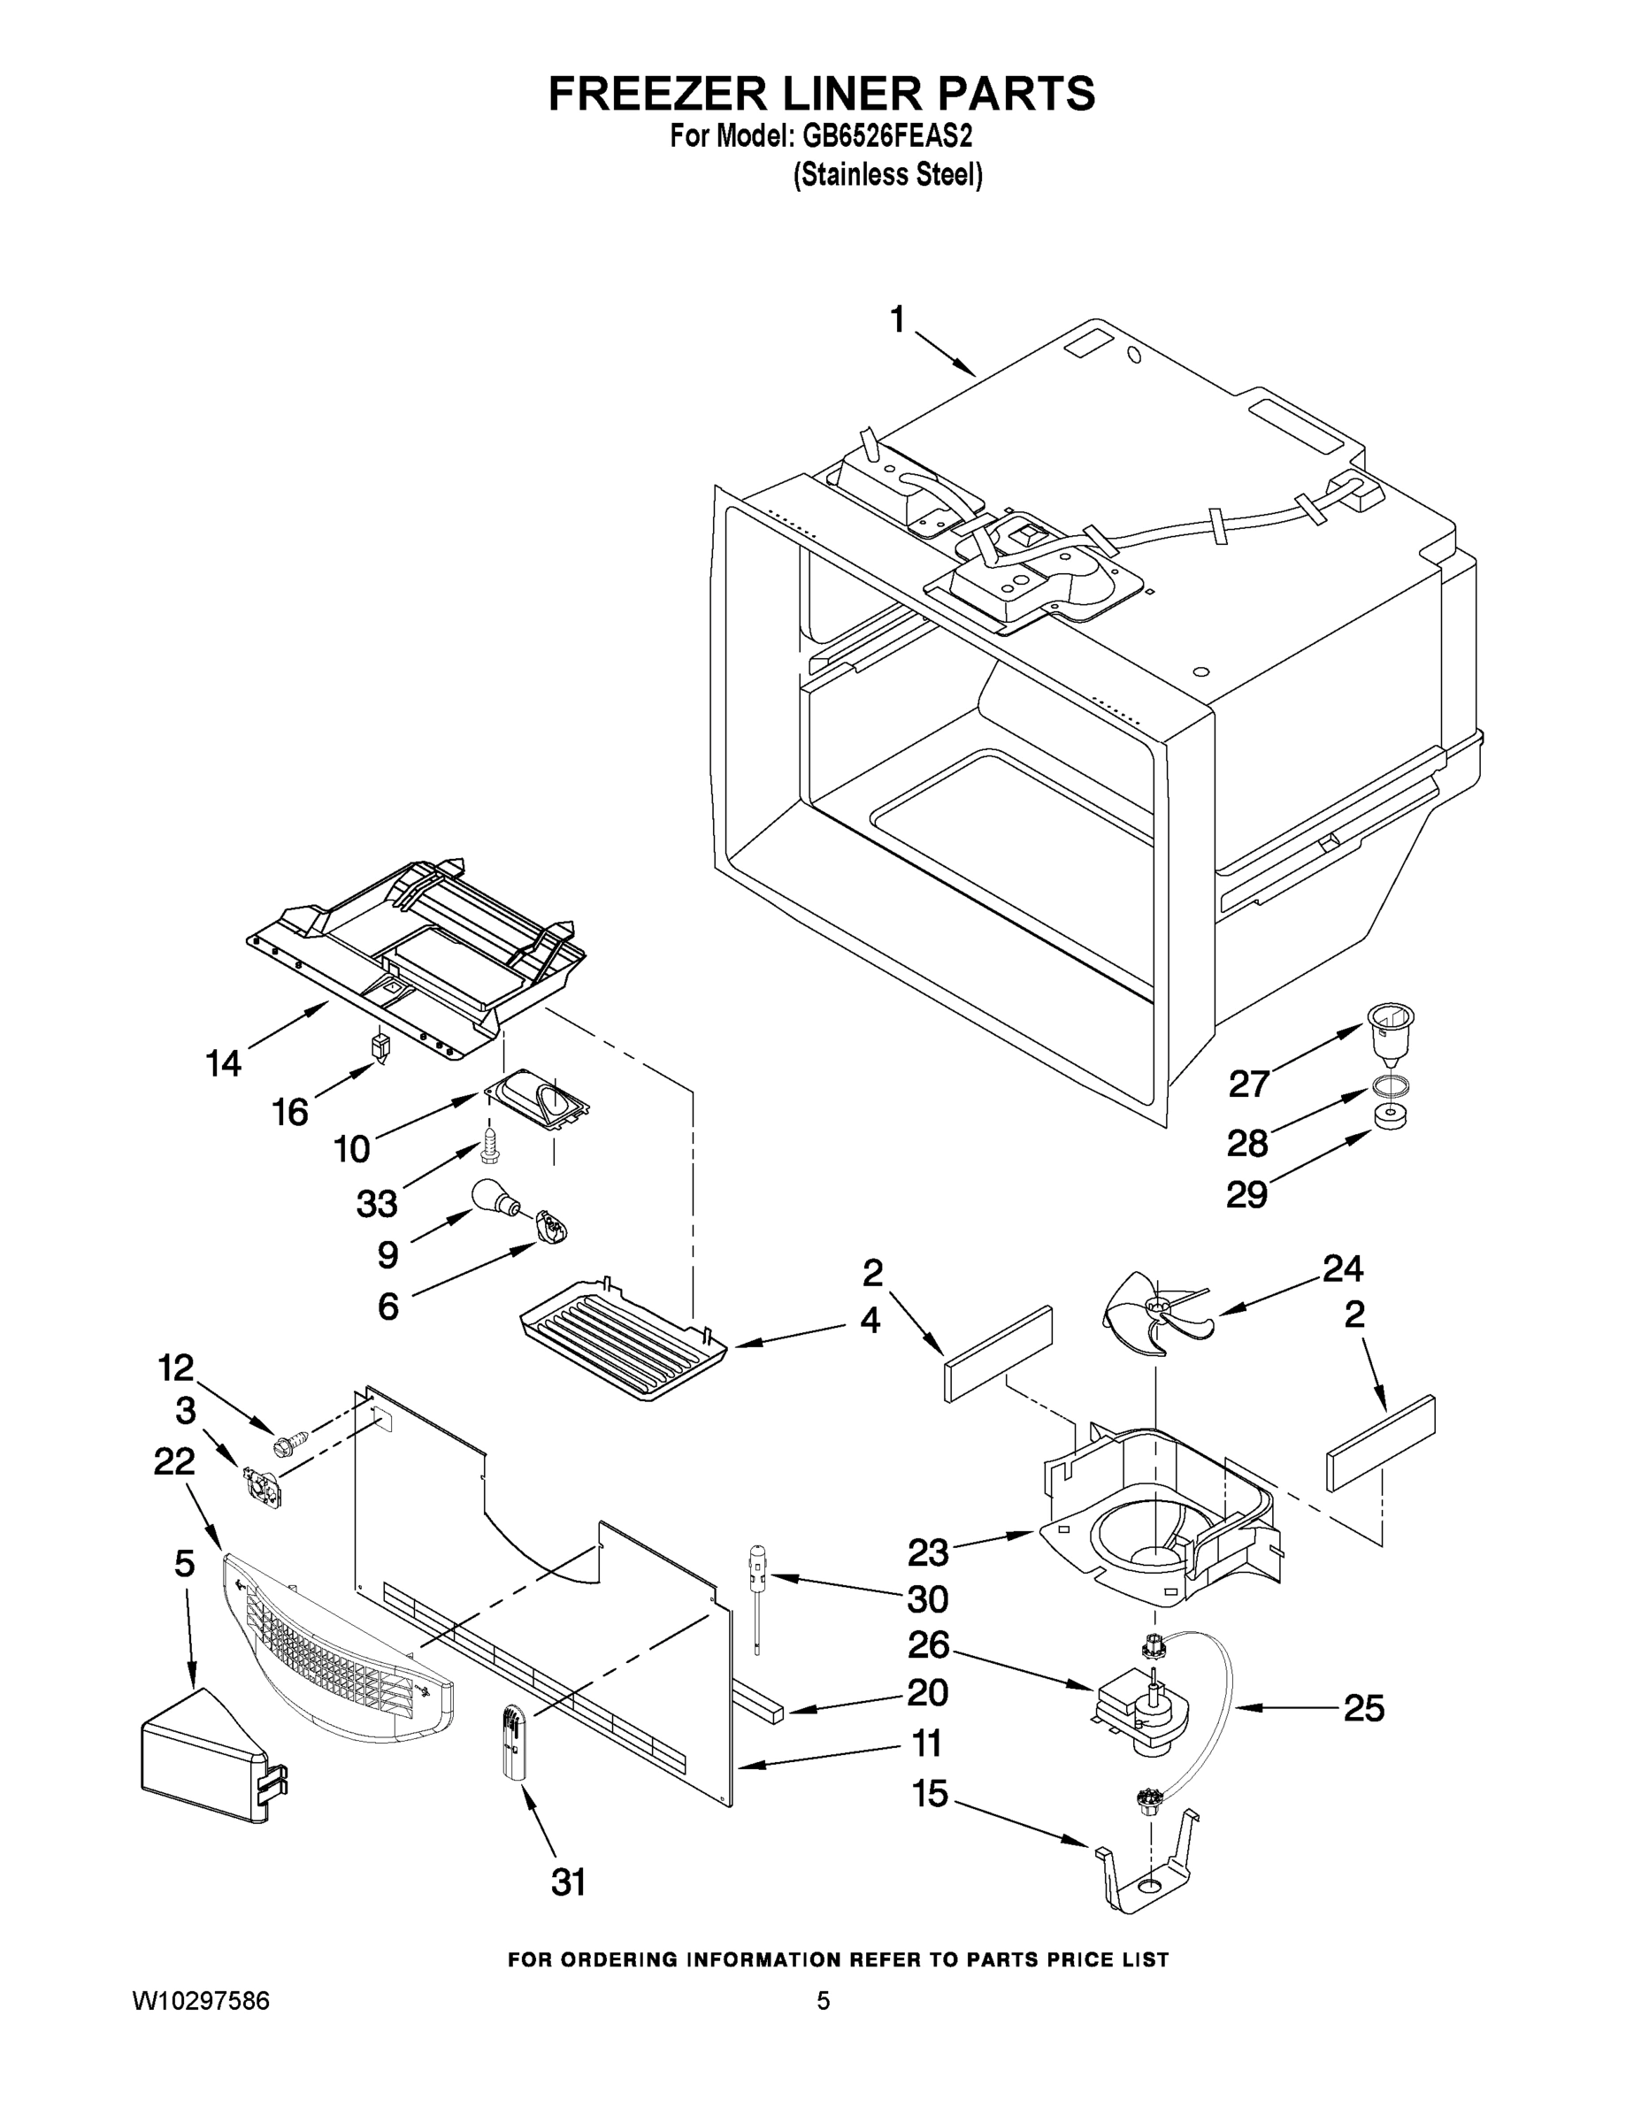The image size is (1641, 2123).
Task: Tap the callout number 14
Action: click(224, 1063)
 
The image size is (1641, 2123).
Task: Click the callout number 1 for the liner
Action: click(897, 320)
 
